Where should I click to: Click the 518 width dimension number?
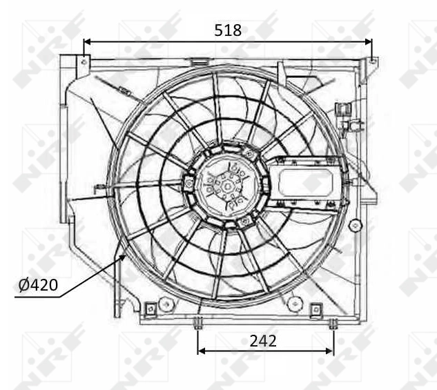(228, 30)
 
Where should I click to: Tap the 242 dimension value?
(262, 340)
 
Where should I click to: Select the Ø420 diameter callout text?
(38, 285)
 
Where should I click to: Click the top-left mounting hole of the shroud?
(84, 62)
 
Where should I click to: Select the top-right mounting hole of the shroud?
(371, 62)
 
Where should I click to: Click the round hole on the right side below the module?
(355, 225)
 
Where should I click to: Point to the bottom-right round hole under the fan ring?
(295, 302)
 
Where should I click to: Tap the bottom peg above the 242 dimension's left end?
(198, 322)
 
